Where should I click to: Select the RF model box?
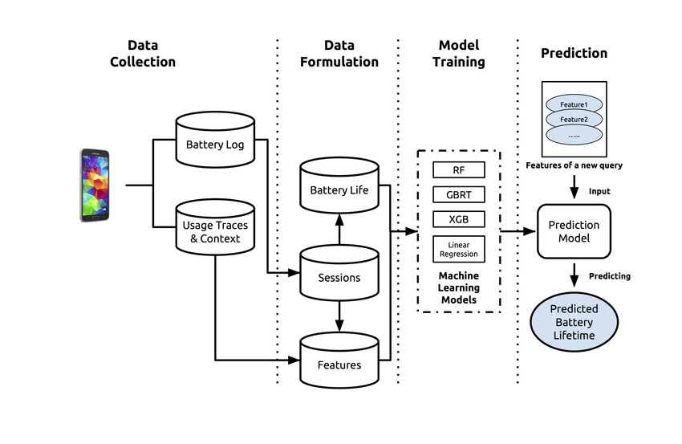tap(458, 170)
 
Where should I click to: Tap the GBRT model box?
tap(458, 194)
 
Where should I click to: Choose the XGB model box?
tap(458, 218)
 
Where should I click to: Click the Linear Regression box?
tap(458, 249)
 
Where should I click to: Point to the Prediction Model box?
tap(574, 231)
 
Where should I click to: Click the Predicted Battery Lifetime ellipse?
tap(574, 321)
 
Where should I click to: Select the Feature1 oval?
tap(574, 105)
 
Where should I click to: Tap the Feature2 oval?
tap(574, 120)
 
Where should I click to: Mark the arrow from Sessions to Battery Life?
tap(339, 230)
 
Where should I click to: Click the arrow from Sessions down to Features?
tap(339, 316)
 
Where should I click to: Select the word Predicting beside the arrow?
tap(610, 276)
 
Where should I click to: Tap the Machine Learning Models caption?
tap(460, 287)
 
